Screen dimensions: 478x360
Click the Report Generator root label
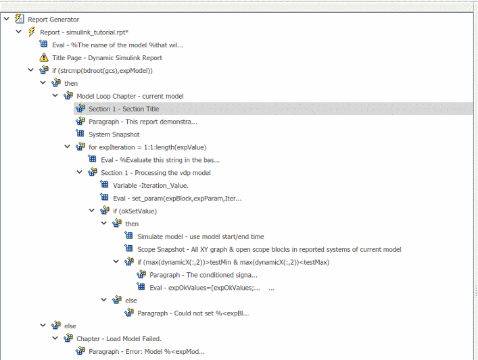click(53, 20)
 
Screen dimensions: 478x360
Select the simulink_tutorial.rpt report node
click(84, 32)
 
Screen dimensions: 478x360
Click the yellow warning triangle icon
click(44, 57)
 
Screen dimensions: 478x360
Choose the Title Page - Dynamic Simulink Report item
click(107, 58)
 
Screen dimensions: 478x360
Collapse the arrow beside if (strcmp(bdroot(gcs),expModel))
click(31, 70)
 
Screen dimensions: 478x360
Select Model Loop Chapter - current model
click(130, 96)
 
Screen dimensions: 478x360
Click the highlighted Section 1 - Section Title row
click(124, 109)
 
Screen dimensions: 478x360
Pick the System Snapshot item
click(114, 134)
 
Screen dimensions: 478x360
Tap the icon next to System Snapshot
click(80, 134)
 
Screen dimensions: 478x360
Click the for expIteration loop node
click(147, 147)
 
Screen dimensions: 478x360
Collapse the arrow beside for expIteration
click(68, 147)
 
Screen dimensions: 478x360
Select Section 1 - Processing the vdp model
click(156, 173)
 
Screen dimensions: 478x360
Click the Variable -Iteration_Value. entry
click(151, 186)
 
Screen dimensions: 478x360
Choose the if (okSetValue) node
click(135, 211)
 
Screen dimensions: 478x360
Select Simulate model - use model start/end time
click(201, 237)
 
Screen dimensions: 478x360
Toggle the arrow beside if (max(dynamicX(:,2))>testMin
click(116, 261)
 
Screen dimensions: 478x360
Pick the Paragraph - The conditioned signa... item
click(204, 276)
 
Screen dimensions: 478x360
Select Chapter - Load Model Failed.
click(119, 338)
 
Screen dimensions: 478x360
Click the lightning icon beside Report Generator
click(19, 19)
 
